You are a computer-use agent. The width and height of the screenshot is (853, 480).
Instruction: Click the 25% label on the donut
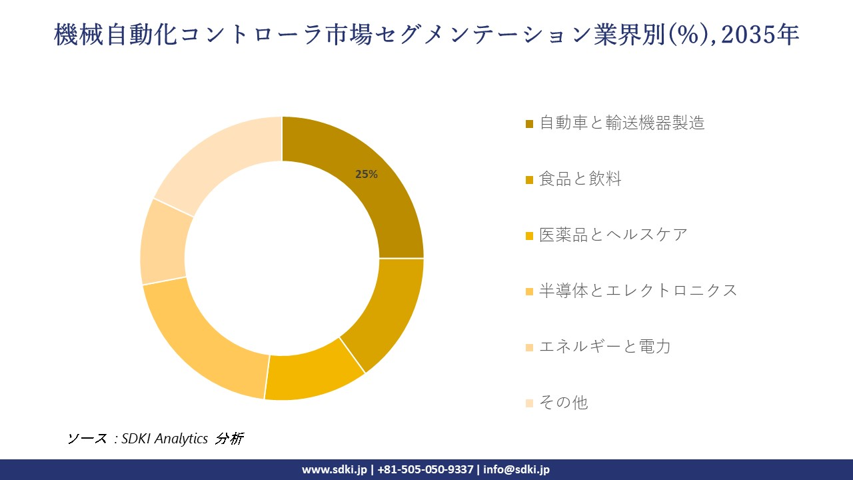367,175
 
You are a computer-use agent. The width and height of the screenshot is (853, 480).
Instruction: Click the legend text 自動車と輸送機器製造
622,123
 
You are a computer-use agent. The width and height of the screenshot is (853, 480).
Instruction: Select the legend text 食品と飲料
580,179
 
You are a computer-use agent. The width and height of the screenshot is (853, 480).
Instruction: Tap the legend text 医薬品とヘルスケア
613,235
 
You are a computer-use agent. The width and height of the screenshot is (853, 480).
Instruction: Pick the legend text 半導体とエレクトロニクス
638,291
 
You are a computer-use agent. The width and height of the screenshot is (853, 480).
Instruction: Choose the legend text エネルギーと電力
604,347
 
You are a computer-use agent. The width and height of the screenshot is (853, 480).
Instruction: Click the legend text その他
564,403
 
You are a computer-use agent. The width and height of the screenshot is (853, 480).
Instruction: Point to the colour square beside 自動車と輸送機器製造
530,123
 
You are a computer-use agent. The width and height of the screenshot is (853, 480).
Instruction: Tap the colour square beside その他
530,403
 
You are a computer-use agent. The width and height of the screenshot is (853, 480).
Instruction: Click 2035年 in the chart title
760,35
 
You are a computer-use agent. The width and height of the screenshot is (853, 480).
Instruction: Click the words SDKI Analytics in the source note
165,439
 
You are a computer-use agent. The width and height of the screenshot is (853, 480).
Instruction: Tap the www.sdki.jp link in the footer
335,469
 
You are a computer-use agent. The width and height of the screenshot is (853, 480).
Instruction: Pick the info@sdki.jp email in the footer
516,469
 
